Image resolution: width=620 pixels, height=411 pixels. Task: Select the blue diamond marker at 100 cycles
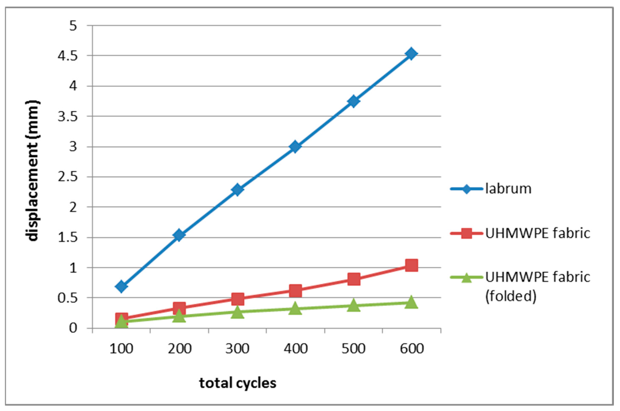(121, 286)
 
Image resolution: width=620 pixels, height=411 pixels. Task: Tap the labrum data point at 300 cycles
(237, 190)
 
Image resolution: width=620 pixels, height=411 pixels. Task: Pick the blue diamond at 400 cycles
(295, 147)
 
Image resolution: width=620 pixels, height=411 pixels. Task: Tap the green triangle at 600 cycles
(411, 302)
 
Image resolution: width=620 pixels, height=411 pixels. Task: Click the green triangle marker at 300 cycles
(237, 312)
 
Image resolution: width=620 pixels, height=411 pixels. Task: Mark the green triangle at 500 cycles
(353, 306)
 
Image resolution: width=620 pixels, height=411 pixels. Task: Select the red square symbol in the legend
(466, 233)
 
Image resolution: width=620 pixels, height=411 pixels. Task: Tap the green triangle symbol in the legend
(466, 278)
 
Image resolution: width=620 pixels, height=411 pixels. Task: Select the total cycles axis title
(238, 383)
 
